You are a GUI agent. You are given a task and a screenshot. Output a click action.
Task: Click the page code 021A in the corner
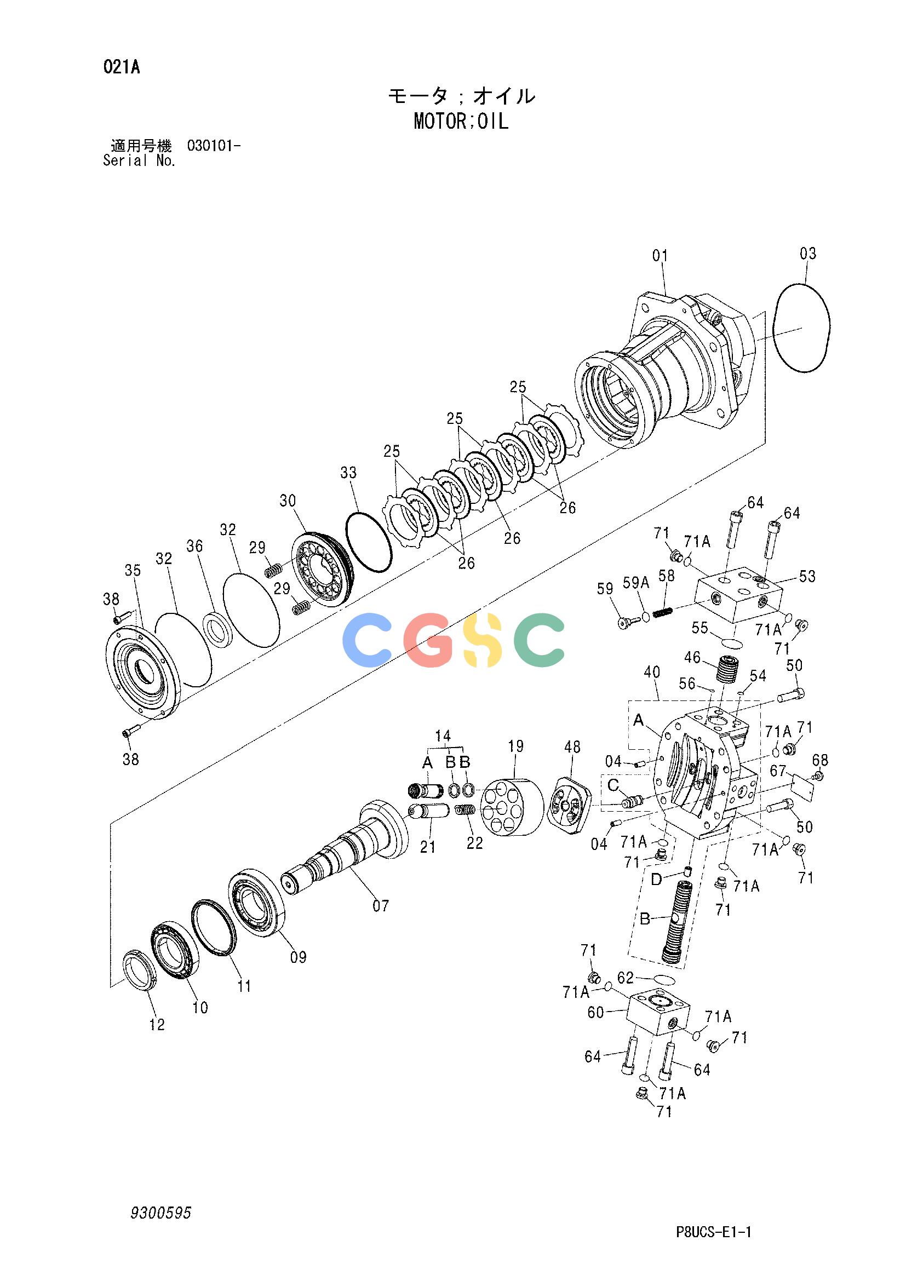121,67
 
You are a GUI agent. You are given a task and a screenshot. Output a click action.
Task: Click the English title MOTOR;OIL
461,122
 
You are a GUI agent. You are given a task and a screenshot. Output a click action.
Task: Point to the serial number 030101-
214,147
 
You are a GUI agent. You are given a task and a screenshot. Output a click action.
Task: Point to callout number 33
349,473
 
